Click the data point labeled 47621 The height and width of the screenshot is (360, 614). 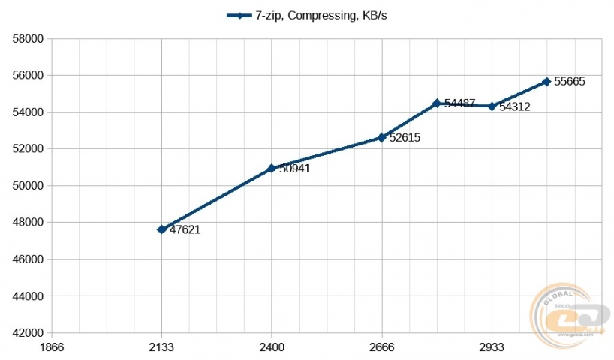(x=161, y=229)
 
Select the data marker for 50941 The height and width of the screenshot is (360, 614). (x=271, y=169)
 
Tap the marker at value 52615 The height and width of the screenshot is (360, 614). (x=381, y=138)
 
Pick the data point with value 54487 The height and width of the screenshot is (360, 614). (x=436, y=103)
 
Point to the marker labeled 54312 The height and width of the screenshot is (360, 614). (x=492, y=106)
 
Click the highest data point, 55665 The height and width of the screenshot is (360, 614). (x=546, y=82)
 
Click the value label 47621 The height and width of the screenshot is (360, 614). (x=185, y=230)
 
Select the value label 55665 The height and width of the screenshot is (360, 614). (x=570, y=82)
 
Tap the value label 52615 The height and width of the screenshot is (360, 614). (x=405, y=138)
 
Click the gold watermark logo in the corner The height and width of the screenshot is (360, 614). (x=567, y=315)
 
